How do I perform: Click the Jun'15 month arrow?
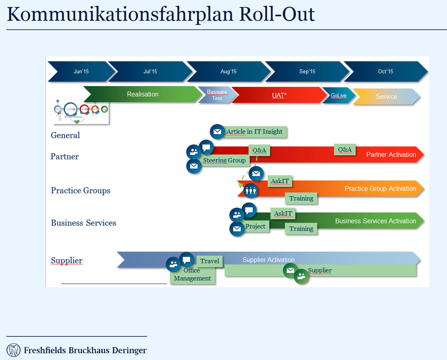click(81, 71)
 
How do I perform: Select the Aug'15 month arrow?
click(228, 71)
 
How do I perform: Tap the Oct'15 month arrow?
click(385, 71)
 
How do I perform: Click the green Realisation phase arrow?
click(143, 94)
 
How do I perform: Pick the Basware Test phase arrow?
click(217, 95)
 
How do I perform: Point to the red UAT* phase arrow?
click(279, 95)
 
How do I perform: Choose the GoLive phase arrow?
click(339, 95)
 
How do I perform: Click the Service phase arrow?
click(386, 97)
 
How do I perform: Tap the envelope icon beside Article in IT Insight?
click(217, 131)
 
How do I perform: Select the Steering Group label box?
click(224, 161)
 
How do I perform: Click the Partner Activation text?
click(391, 155)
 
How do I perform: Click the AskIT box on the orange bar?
click(280, 181)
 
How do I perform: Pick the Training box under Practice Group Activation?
click(301, 199)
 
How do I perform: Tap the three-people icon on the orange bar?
click(251, 191)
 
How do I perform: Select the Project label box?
click(255, 227)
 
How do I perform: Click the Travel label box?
click(210, 261)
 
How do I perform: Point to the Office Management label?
click(192, 274)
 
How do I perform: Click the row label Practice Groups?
click(81, 191)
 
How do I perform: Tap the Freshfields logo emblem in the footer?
click(13, 350)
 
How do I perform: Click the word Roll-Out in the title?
click(277, 14)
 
